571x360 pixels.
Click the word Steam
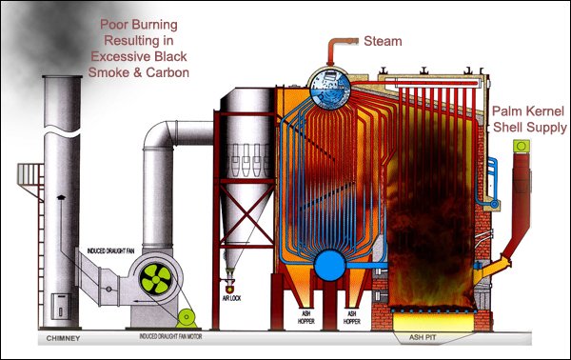pos(382,41)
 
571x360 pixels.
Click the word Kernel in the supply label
pos(537,110)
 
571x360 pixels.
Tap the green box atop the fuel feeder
pos(521,147)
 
